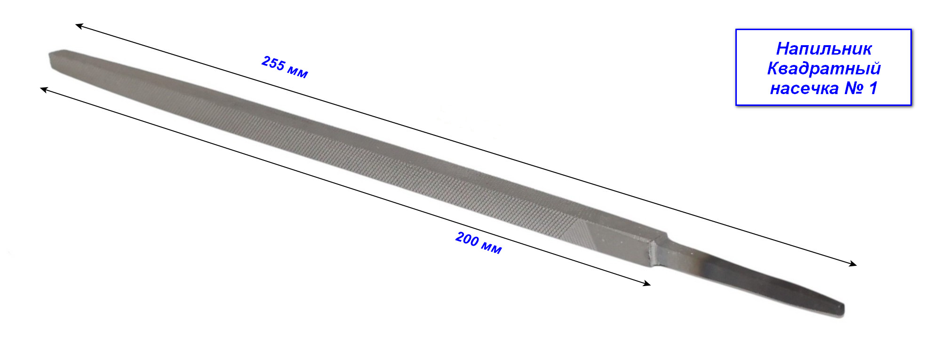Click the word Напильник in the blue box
[x=824, y=48]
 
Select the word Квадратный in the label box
[x=824, y=69]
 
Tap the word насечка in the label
[x=804, y=88]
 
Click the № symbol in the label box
[x=853, y=88]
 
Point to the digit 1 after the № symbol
[x=873, y=88]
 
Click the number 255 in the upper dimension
[x=273, y=63]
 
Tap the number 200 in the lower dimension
[x=467, y=239]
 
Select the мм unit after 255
[x=298, y=72]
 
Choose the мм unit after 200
[x=492, y=248]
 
